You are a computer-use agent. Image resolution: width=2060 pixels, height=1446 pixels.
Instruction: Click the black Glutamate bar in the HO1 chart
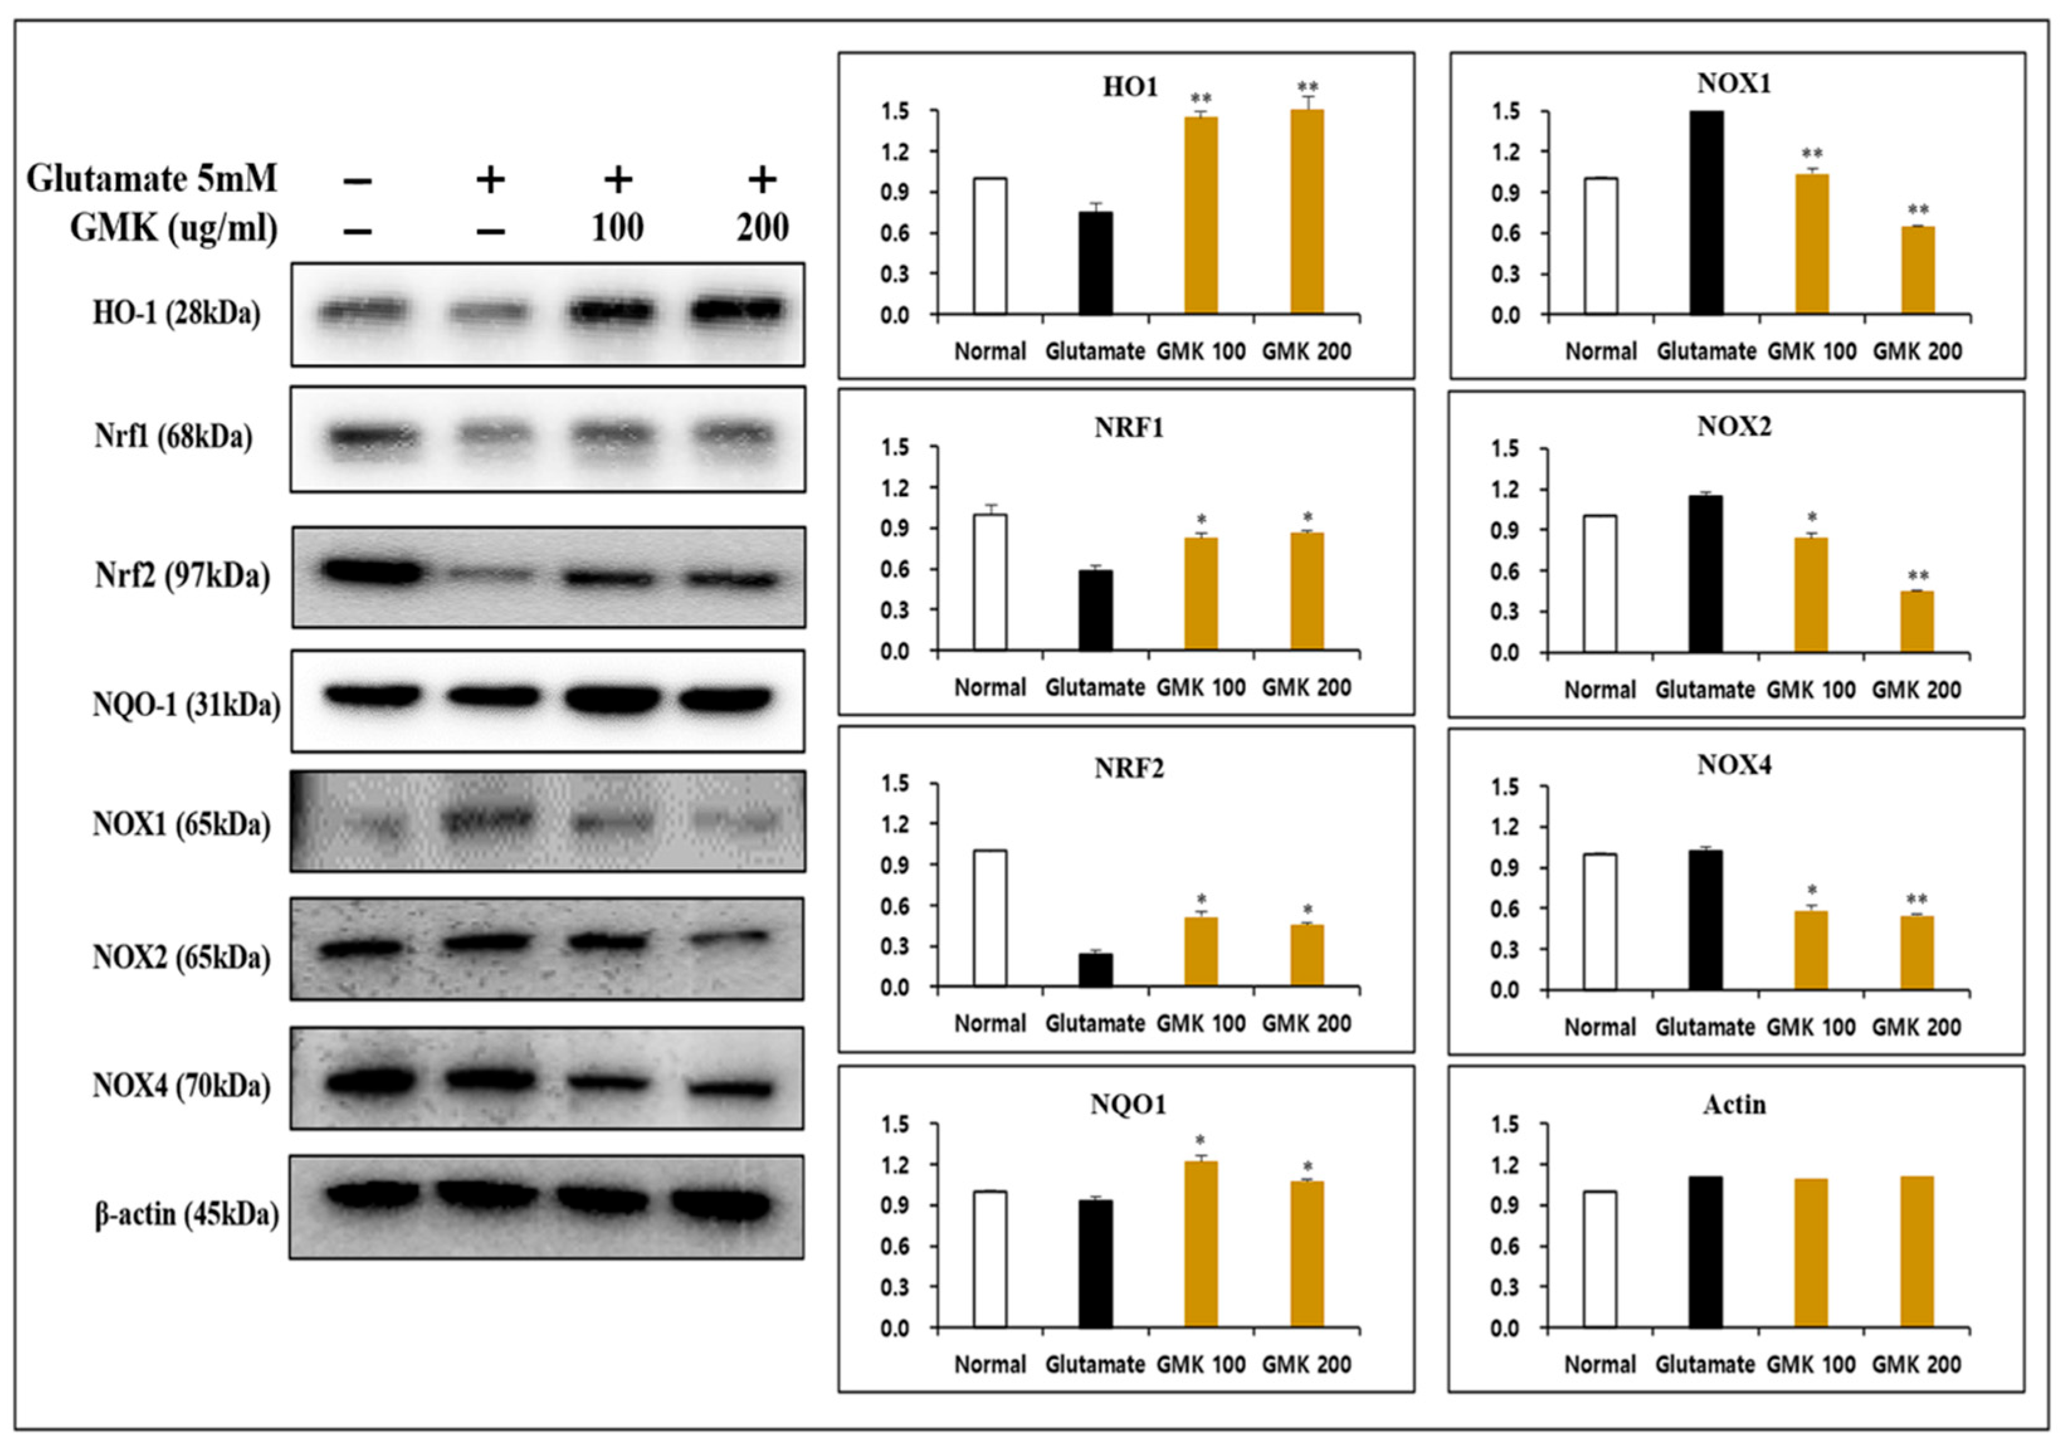(x=1095, y=263)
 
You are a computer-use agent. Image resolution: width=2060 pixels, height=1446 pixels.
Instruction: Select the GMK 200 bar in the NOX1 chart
(x=1917, y=270)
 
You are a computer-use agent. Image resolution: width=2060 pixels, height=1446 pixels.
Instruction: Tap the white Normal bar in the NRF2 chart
(x=990, y=919)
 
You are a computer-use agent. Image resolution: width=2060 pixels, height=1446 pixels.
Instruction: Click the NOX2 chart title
(x=1734, y=426)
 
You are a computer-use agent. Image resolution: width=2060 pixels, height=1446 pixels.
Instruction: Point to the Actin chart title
(x=1734, y=1103)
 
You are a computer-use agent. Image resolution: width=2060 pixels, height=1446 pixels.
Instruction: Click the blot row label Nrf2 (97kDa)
(x=182, y=575)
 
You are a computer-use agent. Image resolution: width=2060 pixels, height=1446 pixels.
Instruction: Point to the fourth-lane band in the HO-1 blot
(x=738, y=309)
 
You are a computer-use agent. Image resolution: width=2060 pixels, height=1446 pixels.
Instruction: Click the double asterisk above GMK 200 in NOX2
(x=1917, y=576)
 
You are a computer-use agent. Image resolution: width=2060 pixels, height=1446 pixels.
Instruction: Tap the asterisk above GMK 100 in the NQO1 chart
(x=1200, y=1142)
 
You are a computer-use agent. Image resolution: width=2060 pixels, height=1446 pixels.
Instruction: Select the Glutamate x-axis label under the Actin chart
(x=1705, y=1364)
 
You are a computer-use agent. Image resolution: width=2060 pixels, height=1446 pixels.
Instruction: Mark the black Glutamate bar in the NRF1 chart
(x=1095, y=610)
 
